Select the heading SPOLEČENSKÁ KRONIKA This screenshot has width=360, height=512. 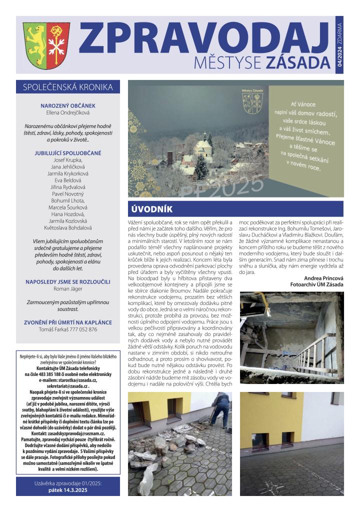(68, 87)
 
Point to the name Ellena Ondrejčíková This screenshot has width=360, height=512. (68, 113)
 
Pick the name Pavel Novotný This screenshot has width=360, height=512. (68, 193)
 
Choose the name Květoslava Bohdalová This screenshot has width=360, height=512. (68, 227)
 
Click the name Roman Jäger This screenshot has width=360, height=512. (68, 288)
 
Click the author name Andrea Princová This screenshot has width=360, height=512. (323, 278)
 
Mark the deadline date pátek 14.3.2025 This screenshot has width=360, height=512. (68, 491)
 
